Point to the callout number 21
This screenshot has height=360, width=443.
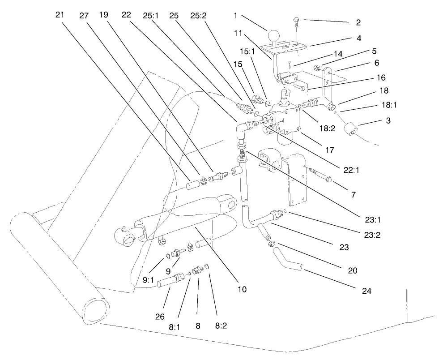coord(60,14)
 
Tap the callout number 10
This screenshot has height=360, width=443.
coord(242,290)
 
